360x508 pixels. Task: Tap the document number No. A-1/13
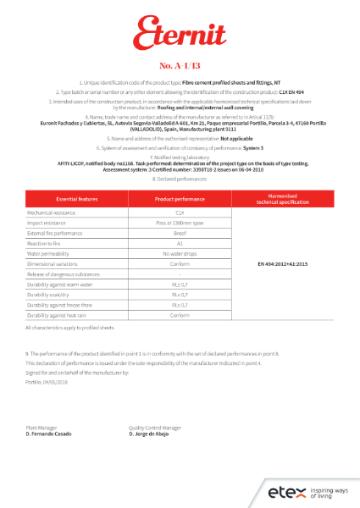pyautogui.click(x=180, y=64)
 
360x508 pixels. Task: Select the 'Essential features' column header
pyautogui.click(x=77, y=198)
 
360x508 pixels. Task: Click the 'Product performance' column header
pyautogui.click(x=180, y=198)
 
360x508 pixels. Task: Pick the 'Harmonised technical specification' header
pyautogui.click(x=285, y=198)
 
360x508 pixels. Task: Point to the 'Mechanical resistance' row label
pyautogui.click(x=48, y=213)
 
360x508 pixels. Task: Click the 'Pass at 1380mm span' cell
pyautogui.click(x=180, y=223)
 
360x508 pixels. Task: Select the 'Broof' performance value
pyautogui.click(x=180, y=233)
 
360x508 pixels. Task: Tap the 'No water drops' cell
pyautogui.click(x=180, y=253)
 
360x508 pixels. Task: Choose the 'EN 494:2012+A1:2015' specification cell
pyautogui.click(x=285, y=263)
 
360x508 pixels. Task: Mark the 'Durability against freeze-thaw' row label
pyautogui.click(x=58, y=304)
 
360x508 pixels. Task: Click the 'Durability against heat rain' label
pyautogui.click(x=56, y=315)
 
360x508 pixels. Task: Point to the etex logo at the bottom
pyautogui.click(x=284, y=492)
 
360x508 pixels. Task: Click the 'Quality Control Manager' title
pyautogui.click(x=155, y=428)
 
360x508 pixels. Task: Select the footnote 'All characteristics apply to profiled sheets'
pyautogui.click(x=70, y=327)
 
